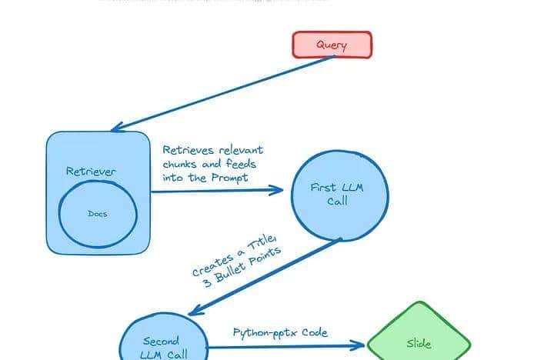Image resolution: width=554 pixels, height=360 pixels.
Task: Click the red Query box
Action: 332,45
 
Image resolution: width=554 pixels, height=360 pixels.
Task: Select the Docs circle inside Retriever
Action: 97,213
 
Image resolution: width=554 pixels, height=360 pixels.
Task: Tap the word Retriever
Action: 91,171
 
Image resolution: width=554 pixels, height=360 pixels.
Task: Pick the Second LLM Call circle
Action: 163,342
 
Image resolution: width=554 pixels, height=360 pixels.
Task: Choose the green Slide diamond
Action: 418,343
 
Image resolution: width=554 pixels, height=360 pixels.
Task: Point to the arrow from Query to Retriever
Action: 223,92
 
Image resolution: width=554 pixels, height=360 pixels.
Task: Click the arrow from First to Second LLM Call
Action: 265,276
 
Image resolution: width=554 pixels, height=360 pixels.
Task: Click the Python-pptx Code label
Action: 280,332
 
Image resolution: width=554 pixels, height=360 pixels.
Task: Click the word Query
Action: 332,45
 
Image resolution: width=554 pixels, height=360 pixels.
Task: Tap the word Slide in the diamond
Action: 418,344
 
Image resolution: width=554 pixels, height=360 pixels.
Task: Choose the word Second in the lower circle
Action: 162,340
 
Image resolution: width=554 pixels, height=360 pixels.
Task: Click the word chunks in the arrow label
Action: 180,164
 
